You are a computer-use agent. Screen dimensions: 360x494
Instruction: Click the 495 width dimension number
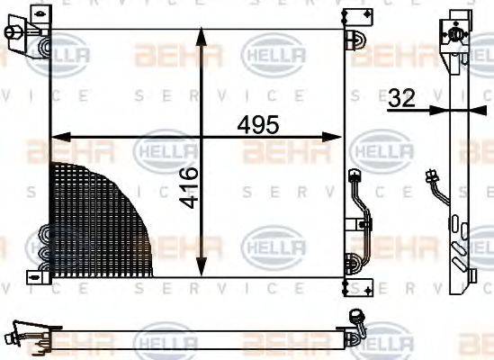[259, 123]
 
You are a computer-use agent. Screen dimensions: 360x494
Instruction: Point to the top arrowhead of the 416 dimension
[201, 34]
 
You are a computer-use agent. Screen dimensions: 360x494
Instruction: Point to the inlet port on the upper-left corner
[15, 34]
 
